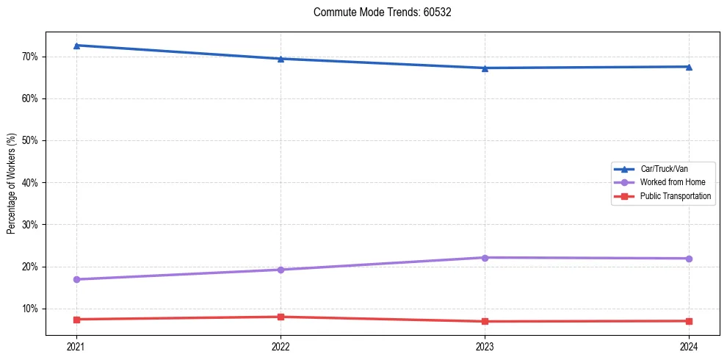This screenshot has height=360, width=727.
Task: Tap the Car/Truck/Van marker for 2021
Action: (x=76, y=46)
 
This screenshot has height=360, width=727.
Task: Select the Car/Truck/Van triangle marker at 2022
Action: (x=281, y=59)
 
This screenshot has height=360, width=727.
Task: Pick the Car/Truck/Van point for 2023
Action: (x=485, y=68)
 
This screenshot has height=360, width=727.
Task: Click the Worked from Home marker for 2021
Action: (x=76, y=279)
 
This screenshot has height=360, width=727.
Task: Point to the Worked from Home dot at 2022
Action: (x=281, y=270)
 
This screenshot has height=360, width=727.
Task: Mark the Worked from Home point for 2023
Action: (x=485, y=257)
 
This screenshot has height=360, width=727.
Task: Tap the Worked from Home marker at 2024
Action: (x=689, y=259)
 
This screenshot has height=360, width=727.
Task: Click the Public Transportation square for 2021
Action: (x=76, y=319)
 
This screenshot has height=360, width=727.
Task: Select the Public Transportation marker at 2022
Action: (x=281, y=317)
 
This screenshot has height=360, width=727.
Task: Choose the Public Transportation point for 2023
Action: (x=485, y=321)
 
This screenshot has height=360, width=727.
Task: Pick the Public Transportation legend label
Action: (x=675, y=196)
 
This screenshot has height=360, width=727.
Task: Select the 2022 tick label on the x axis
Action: (x=281, y=346)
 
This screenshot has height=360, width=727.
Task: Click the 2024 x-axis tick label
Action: (x=689, y=346)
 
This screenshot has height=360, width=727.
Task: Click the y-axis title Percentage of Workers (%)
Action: (x=12, y=183)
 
